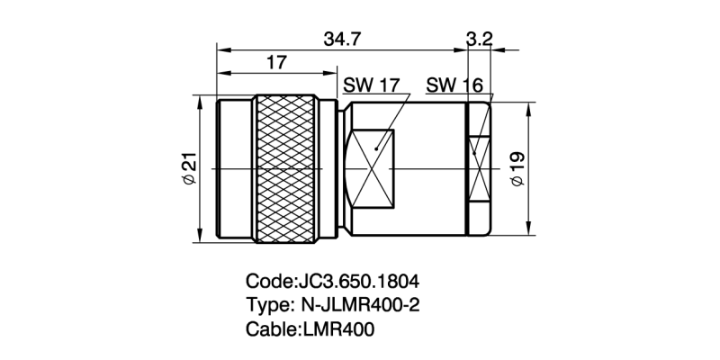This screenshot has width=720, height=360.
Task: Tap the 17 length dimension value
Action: coord(277,63)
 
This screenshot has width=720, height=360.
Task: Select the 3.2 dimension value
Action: coord(480,39)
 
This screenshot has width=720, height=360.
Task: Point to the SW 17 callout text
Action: coord(371,85)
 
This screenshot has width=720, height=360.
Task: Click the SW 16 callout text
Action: coord(454,85)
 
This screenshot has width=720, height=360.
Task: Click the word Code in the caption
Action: coord(268,279)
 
